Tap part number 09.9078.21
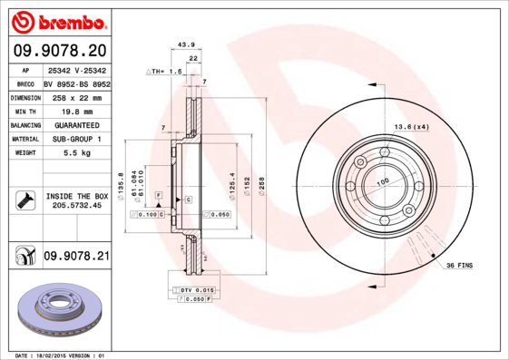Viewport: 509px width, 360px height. click(77, 257)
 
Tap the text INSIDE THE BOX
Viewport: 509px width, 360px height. click(77, 196)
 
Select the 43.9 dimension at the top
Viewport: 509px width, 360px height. click(185, 44)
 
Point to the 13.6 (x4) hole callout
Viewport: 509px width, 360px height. click(410, 126)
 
